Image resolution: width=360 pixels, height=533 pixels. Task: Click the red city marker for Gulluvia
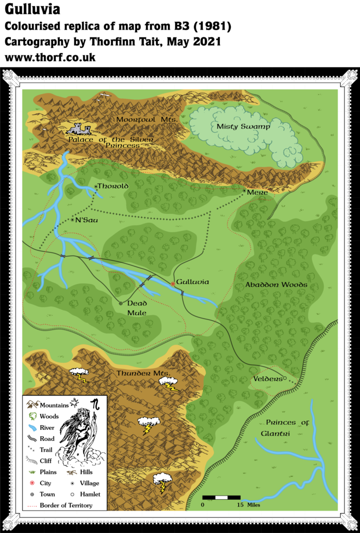coord(173,284)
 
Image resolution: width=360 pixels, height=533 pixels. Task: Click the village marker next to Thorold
coord(96,186)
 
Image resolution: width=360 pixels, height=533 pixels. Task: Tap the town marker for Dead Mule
coord(121,303)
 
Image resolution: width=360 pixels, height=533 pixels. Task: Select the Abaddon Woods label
coord(276,285)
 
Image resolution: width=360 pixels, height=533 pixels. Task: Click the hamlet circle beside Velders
coord(285,378)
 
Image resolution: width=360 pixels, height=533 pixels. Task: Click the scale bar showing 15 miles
coord(221,498)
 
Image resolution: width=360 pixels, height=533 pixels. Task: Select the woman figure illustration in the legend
coord(78,432)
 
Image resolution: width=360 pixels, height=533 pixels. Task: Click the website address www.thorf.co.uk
coord(50,58)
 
